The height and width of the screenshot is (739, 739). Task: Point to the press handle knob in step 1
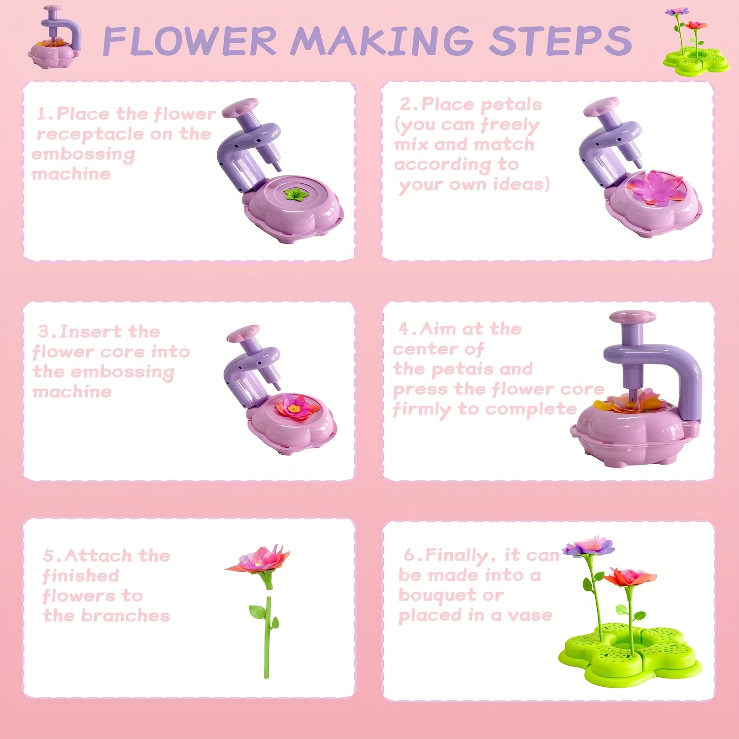(x=239, y=107)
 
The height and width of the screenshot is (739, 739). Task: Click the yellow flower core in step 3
(x=294, y=408)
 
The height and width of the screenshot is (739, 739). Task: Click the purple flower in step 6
(x=589, y=546)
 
